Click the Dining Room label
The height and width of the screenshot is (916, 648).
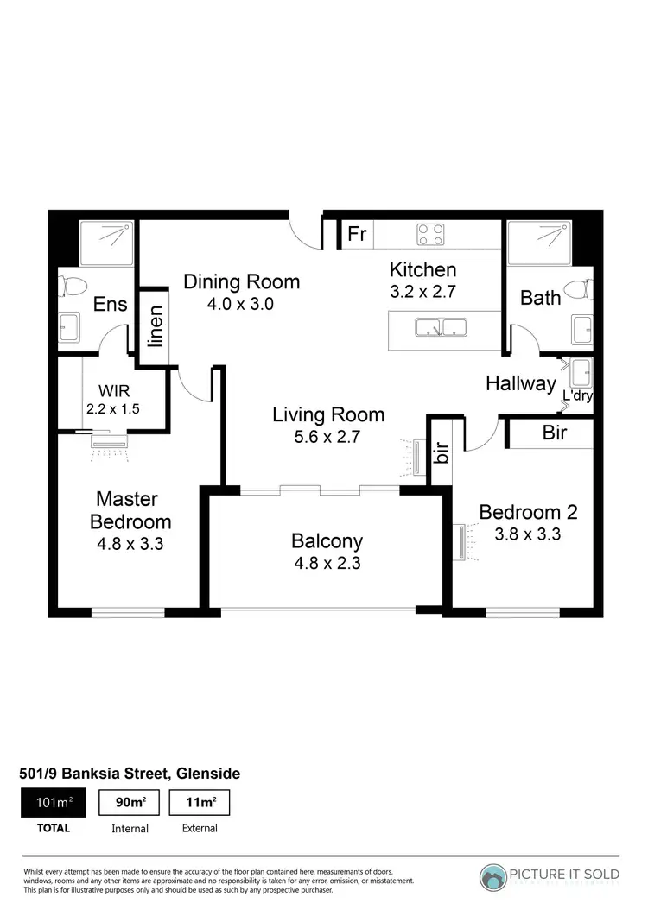(242, 281)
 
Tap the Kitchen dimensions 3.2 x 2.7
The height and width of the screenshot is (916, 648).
(422, 291)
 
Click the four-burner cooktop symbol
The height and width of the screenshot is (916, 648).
(431, 234)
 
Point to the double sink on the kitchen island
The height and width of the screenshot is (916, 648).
(441, 328)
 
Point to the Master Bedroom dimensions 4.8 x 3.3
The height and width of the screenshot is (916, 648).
(132, 545)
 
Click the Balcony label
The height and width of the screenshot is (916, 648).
(327, 541)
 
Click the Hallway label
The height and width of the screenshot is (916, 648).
(520, 383)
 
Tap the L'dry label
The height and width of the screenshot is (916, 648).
(576, 396)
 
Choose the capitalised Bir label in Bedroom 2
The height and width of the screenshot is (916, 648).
(555, 433)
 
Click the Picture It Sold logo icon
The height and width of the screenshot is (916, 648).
(494, 875)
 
